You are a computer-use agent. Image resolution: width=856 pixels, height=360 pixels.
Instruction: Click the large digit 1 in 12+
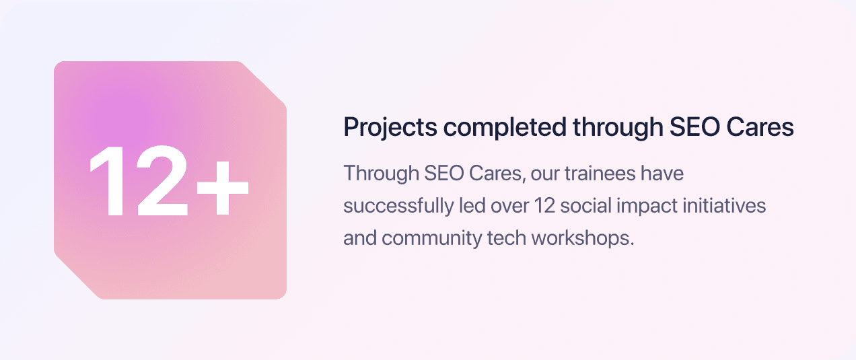(x=106, y=181)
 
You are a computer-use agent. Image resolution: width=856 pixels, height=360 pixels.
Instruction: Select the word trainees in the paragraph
(x=598, y=174)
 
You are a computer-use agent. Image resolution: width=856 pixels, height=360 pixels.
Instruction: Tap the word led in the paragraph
(x=468, y=206)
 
